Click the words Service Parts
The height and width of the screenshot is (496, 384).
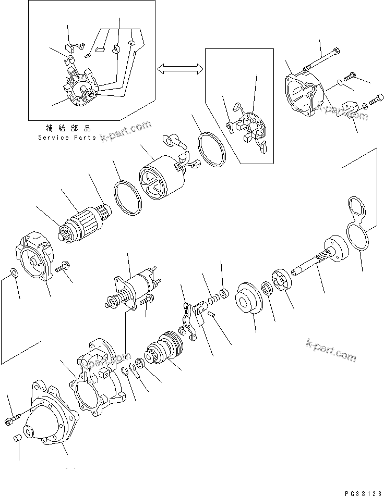click(67, 138)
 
